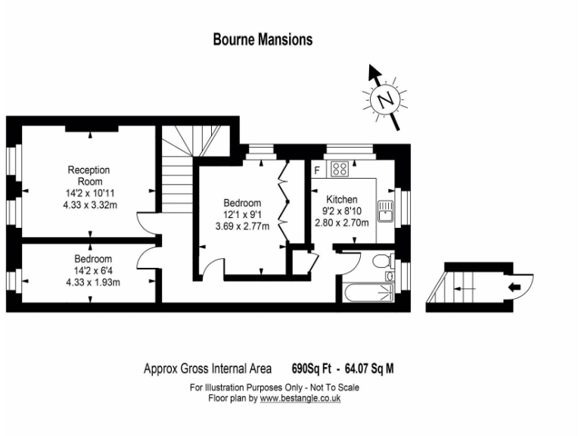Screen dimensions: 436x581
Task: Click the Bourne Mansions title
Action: tap(263, 40)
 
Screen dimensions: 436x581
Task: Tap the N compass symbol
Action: tap(386, 99)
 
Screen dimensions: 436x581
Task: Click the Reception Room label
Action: tap(89, 176)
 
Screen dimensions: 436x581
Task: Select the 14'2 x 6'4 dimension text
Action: tap(92, 271)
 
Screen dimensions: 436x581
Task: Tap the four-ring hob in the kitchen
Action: tap(338, 169)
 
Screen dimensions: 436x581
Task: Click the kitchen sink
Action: tap(385, 210)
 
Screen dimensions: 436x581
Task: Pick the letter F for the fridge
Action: tap(317, 170)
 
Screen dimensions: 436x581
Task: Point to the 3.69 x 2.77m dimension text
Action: tap(242, 226)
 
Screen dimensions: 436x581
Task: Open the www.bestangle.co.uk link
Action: tap(300, 397)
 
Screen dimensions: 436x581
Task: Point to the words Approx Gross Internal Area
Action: tap(207, 369)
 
